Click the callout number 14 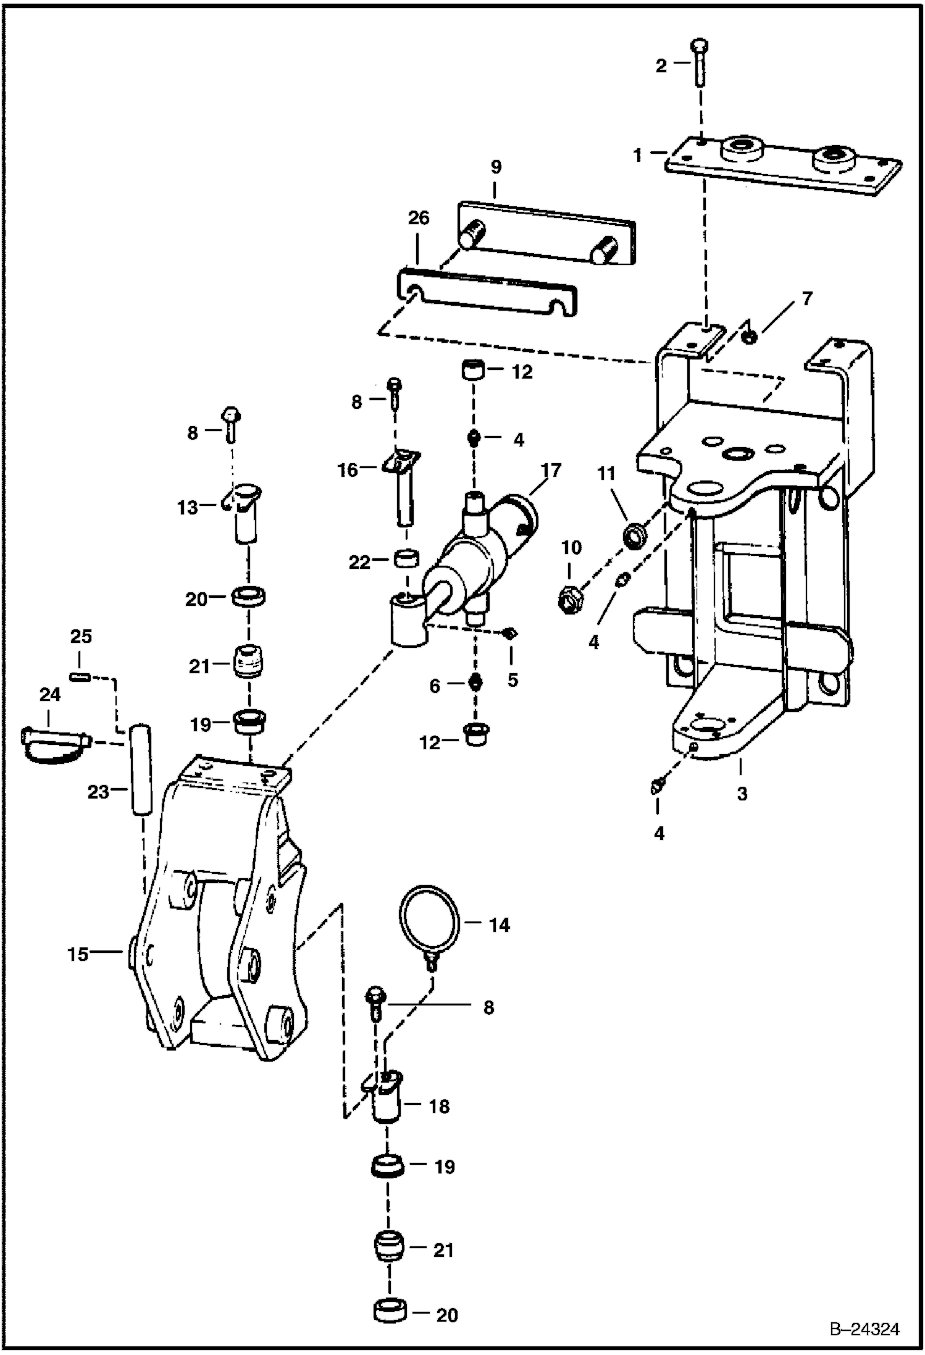499,925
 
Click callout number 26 419,218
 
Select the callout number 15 78,955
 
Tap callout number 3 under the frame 742,793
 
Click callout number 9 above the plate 495,167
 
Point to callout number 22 359,562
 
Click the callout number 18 439,1106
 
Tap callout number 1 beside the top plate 638,154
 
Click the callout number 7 806,300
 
